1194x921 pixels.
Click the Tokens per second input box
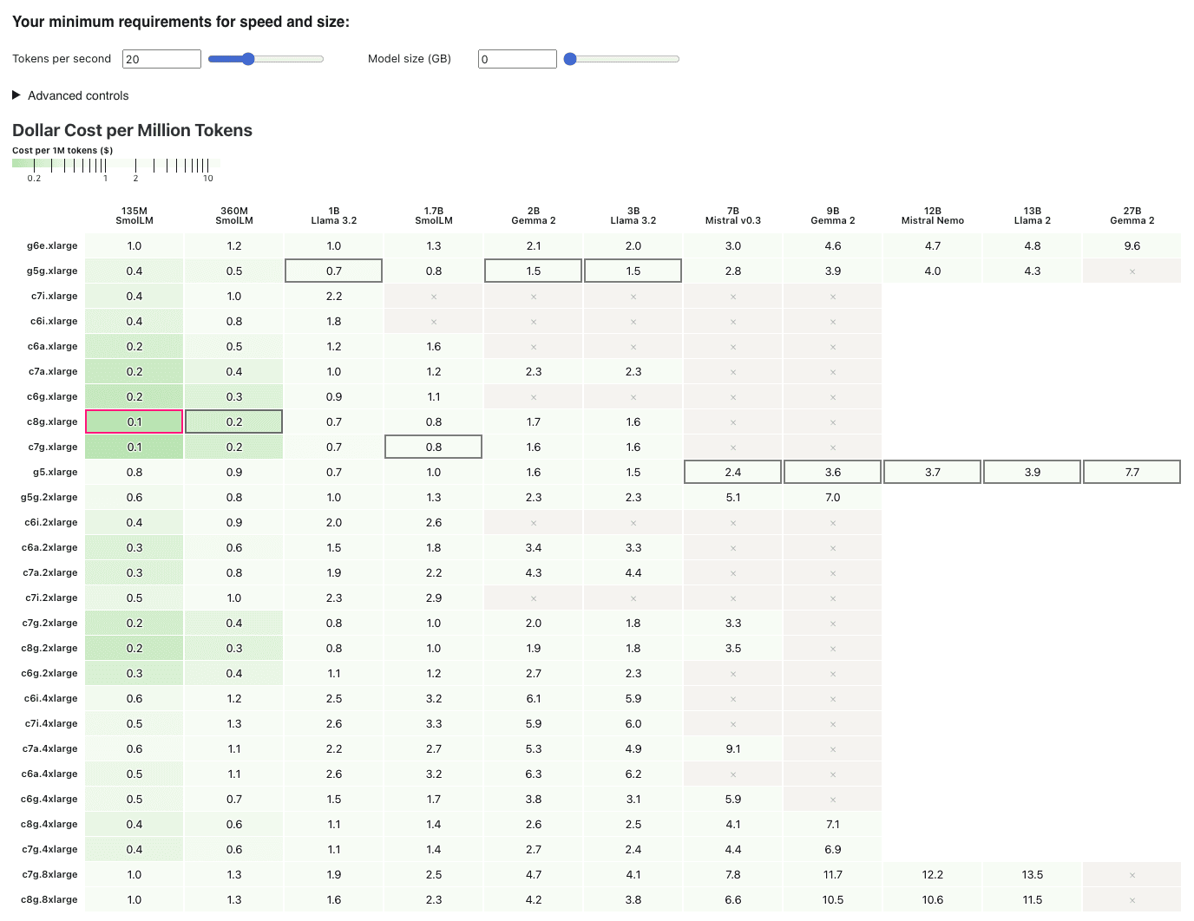pos(161,59)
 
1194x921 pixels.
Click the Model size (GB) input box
pos(517,59)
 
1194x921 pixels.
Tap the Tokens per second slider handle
pos(248,59)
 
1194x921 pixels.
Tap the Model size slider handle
pos(570,59)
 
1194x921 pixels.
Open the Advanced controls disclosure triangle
pos(16,95)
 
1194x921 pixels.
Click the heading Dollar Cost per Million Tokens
pos(132,130)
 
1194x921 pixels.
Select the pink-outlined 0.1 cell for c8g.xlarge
pos(134,422)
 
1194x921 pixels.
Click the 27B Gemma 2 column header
pos(1132,216)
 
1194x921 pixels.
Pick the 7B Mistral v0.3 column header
pos(732,216)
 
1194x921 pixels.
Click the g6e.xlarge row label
pos(52,246)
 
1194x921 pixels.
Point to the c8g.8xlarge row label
pos(49,900)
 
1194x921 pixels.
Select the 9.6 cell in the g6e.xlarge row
pos(1132,246)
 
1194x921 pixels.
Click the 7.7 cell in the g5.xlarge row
pos(1132,473)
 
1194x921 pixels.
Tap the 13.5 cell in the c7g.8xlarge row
pos(1032,875)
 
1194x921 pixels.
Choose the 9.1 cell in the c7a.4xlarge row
pos(732,749)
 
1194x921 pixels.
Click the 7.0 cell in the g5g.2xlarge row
pos(832,498)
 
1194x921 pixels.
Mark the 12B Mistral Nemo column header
pos(932,216)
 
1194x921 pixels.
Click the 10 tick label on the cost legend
pos(208,179)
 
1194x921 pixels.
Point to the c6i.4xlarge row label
pos(50,699)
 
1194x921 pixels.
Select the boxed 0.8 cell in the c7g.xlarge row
pos(433,447)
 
